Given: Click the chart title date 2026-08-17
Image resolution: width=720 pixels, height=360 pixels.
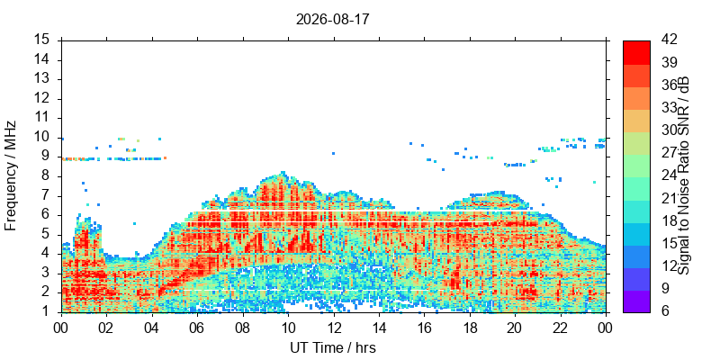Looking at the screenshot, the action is pos(332,20).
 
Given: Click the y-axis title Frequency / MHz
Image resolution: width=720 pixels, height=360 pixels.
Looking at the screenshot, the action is pos(11,175).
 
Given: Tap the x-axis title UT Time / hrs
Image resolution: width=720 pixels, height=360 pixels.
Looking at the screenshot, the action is pos(333,348).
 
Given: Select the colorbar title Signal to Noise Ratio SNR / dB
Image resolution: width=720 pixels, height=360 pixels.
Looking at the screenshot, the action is pos(684,175).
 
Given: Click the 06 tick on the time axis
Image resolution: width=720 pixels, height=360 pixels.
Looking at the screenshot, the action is pos(197,329).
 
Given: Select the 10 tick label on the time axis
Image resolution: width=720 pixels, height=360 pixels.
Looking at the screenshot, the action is pos(288,329).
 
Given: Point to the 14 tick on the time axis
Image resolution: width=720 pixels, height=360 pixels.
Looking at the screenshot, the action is pos(379,329).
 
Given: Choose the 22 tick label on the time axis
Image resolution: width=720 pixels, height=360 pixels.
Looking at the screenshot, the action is pos(560,329).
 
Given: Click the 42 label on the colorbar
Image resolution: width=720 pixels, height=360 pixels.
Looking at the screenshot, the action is pos(670,40).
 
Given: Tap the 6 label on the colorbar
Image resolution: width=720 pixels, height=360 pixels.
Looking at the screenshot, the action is pos(666,312).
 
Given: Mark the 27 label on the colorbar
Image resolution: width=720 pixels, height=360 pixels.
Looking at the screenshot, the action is pos(670,153).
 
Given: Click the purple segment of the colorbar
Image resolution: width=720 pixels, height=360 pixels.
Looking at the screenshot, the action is pos(636,301).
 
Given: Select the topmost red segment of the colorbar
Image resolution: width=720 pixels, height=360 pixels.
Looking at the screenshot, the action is pos(636,52).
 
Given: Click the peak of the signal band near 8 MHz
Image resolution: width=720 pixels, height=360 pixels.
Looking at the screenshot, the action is pos(283,172).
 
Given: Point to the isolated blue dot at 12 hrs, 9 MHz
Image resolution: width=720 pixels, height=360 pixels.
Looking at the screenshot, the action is pos(333,153).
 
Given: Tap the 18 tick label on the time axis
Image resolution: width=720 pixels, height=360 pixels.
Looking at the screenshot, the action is pos(469,329).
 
